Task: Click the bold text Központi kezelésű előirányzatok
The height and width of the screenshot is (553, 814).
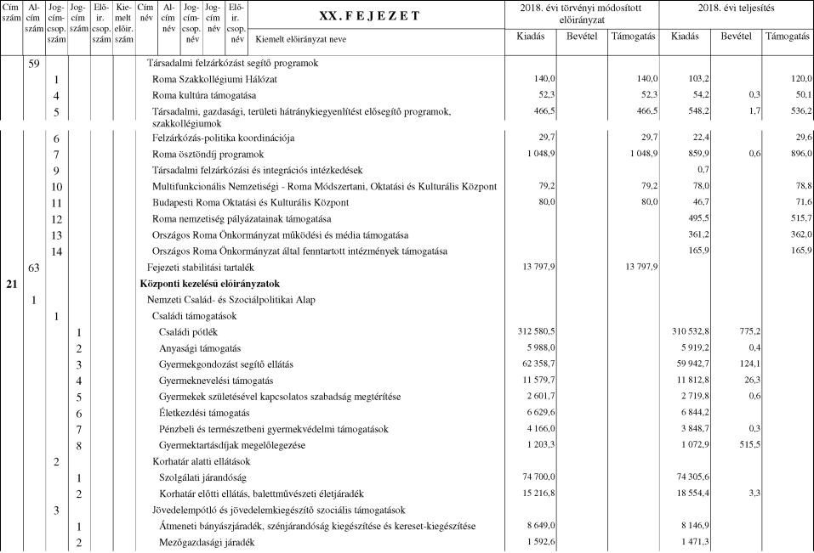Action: pos(210,284)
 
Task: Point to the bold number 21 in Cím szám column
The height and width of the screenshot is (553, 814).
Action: pos(11,284)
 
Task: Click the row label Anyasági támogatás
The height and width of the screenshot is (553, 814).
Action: pos(200,348)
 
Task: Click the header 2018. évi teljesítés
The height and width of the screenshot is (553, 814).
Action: pos(734,8)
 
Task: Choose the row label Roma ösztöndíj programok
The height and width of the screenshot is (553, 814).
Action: pos(208,155)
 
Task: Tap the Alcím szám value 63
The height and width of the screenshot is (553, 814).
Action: pos(34,268)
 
